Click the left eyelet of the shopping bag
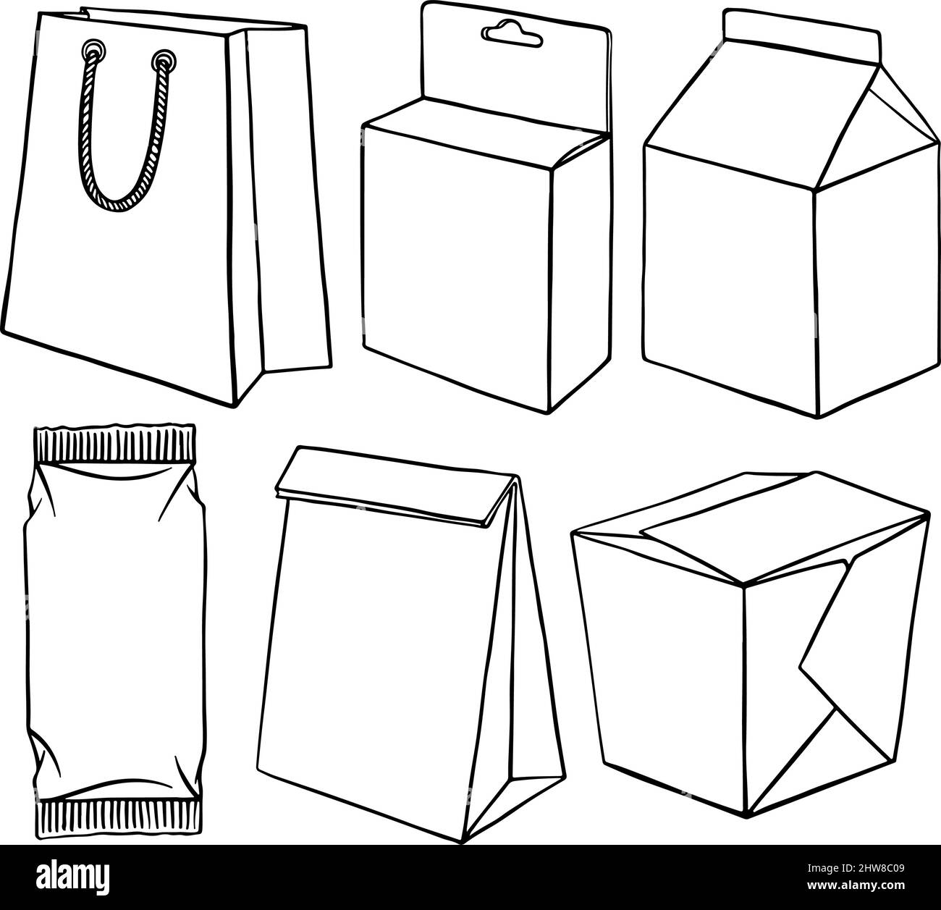tap(93, 50)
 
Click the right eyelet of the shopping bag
tap(166, 58)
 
